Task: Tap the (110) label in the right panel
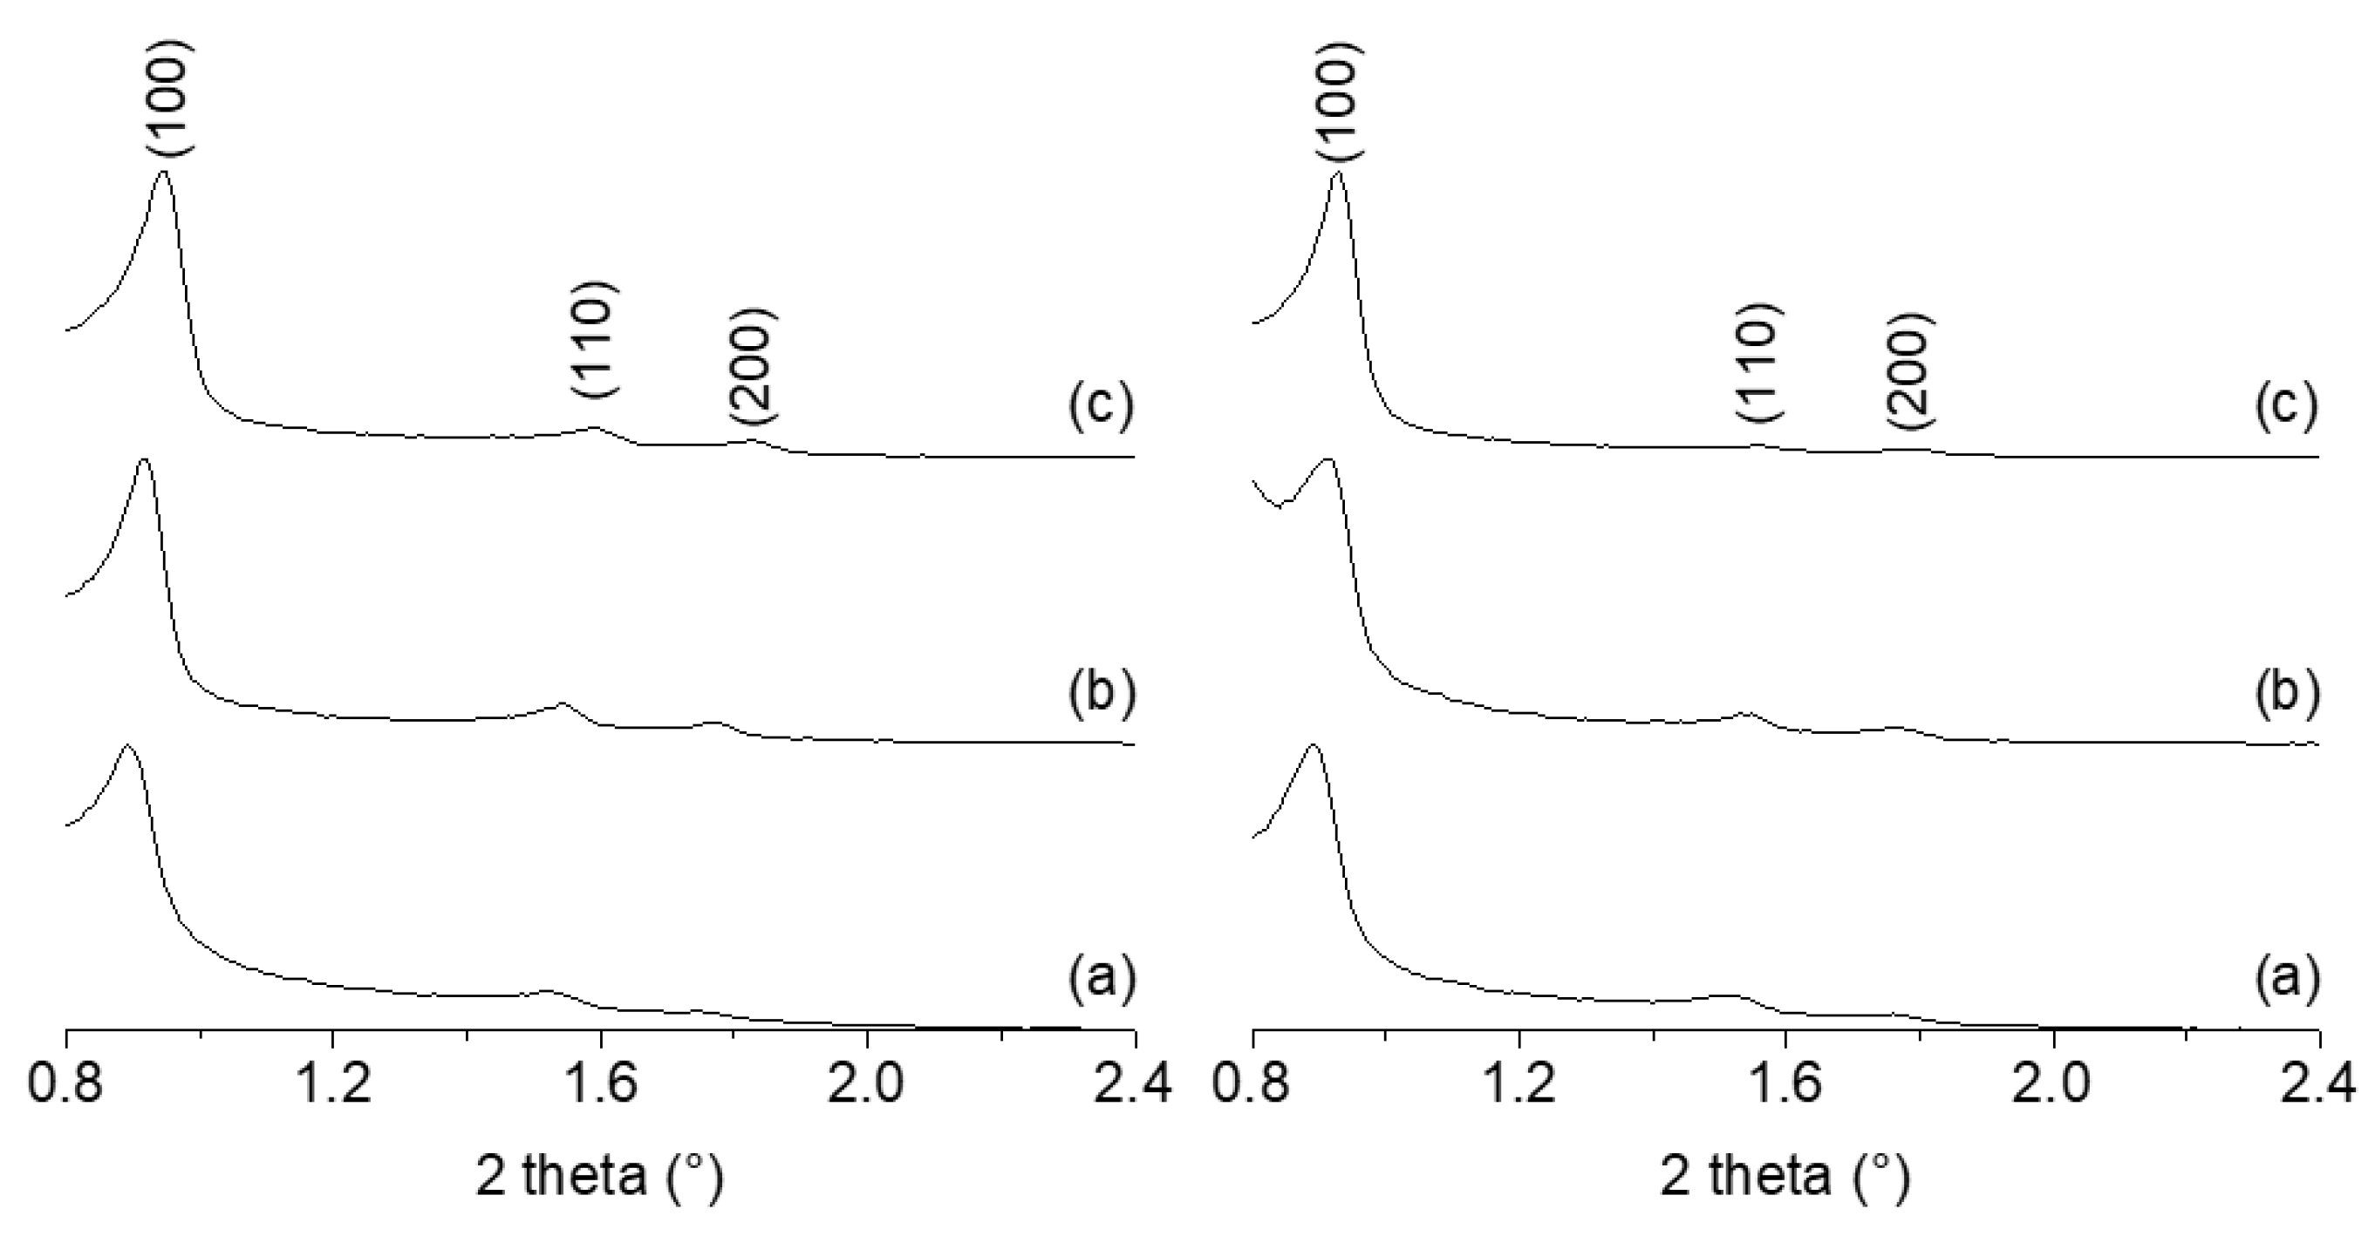point(1760,362)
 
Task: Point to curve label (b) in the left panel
point(1101,692)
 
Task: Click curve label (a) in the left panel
point(1101,977)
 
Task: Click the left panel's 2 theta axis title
point(599,1177)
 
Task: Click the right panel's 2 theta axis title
point(1785,1177)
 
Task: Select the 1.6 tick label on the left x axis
point(600,1084)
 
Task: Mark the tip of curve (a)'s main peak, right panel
point(1313,744)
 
